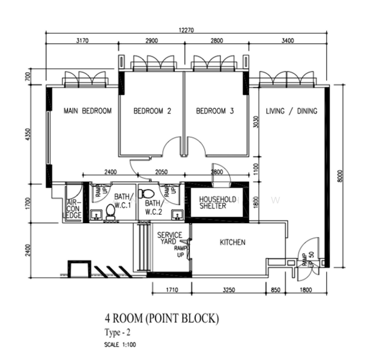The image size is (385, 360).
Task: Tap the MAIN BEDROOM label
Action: (x=88, y=111)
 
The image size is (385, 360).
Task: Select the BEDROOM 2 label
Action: (x=153, y=111)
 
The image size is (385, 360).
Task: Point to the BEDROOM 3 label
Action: (x=214, y=111)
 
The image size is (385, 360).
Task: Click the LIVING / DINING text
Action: (x=291, y=111)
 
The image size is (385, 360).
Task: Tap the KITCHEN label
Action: (x=232, y=242)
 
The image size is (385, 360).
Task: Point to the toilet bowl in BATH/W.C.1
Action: (x=111, y=211)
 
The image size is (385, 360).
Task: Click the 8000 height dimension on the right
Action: (x=339, y=175)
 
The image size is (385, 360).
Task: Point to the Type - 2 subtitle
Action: (x=118, y=332)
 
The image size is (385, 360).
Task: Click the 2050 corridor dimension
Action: (x=161, y=172)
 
